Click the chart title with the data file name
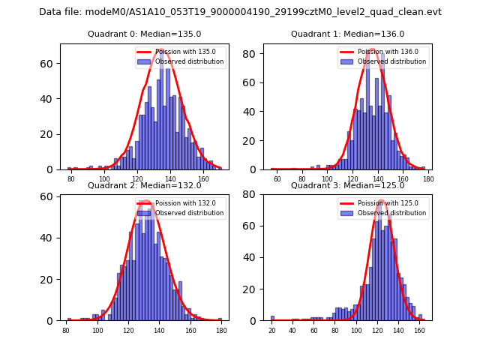coord(240,12)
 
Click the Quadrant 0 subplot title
coord(144,34)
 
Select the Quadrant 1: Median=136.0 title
coord(347,34)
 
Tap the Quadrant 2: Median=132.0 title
coord(144,186)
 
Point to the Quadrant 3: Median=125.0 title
coord(347,186)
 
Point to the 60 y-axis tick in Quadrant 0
coord(49,64)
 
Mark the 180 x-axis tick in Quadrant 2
coord(220,329)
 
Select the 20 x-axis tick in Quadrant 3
coord(272,329)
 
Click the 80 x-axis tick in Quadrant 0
coord(71,178)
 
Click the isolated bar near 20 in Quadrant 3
coord(272,318)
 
